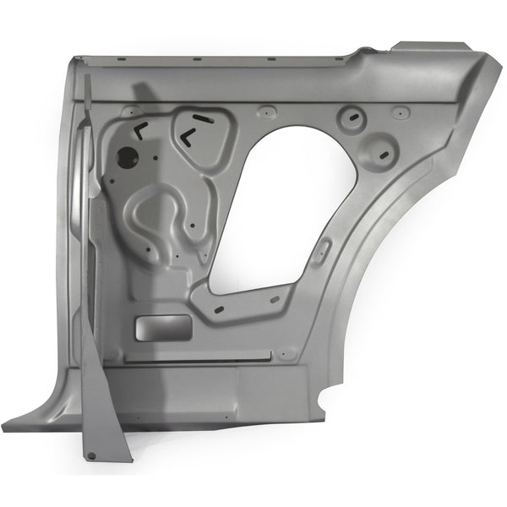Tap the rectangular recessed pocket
coord(162,326)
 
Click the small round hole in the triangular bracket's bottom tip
coord(91,456)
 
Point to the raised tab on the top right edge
coord(433,45)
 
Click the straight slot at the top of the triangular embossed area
coord(202,117)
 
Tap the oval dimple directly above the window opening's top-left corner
coord(266,110)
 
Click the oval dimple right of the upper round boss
coord(401,111)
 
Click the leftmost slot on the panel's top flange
coord(122,59)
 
